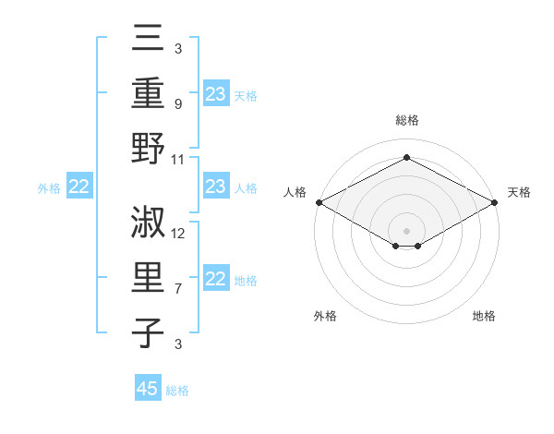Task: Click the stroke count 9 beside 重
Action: pyautogui.click(x=178, y=104)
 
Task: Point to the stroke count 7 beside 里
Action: pyautogui.click(x=178, y=289)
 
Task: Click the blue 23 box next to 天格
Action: pyautogui.click(x=216, y=94)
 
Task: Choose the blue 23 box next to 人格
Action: pyautogui.click(x=216, y=187)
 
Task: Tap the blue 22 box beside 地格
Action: pyautogui.click(x=216, y=280)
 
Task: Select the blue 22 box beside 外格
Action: pyautogui.click(x=78, y=187)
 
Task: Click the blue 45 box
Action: pyautogui.click(x=148, y=389)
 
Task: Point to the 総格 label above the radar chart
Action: pyautogui.click(x=406, y=120)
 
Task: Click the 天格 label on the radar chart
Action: pyautogui.click(x=519, y=192)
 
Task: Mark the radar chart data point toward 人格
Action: pyautogui.click(x=319, y=201)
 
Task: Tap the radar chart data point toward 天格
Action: pyautogui.click(x=495, y=201)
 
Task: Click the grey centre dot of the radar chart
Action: pyautogui.click(x=406, y=230)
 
